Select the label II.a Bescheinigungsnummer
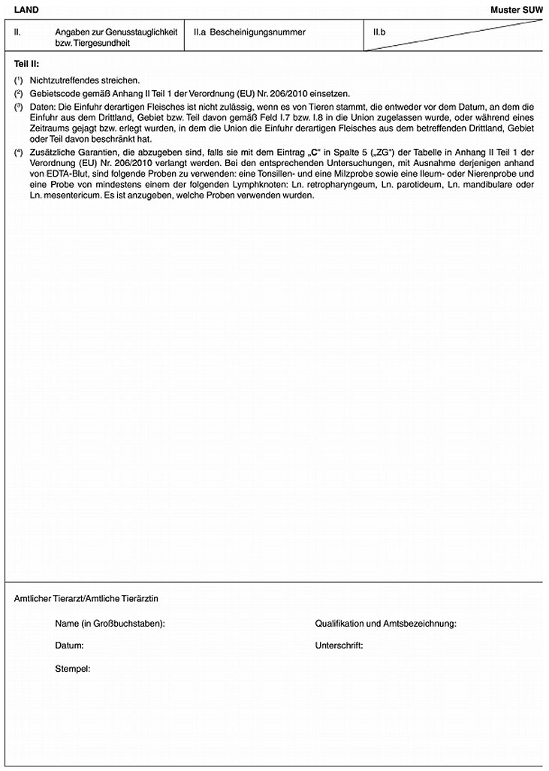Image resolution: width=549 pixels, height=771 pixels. point(249,32)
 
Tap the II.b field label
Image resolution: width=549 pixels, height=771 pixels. point(379,32)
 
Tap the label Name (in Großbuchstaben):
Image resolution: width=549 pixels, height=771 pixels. point(110,624)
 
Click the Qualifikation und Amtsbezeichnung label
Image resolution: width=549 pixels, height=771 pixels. point(385,624)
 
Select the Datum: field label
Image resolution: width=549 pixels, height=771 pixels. point(69,646)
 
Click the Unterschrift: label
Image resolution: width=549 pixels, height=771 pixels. point(339,646)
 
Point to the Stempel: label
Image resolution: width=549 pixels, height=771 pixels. point(73,667)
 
